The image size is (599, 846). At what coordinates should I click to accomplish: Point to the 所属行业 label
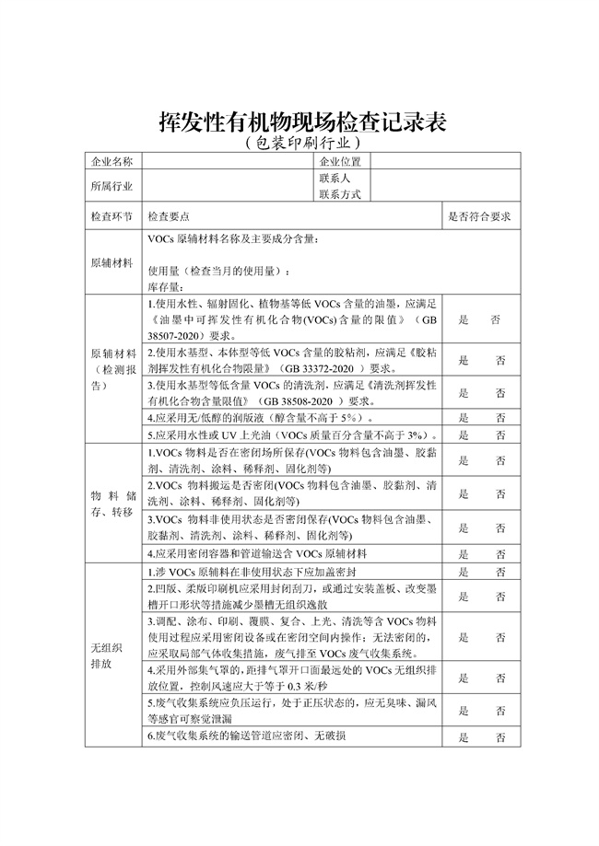(x=112, y=186)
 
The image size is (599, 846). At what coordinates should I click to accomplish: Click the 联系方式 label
(x=340, y=194)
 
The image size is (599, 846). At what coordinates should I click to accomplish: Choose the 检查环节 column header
(x=112, y=217)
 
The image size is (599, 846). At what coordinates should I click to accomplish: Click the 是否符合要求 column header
(x=479, y=217)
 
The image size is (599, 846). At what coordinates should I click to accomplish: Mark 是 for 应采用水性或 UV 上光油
(x=463, y=435)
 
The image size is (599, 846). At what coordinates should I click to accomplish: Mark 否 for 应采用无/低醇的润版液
(x=499, y=418)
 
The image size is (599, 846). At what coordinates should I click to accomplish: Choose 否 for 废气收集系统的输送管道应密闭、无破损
(x=499, y=737)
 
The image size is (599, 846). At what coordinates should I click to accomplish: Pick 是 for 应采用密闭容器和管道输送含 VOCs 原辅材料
(x=463, y=554)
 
